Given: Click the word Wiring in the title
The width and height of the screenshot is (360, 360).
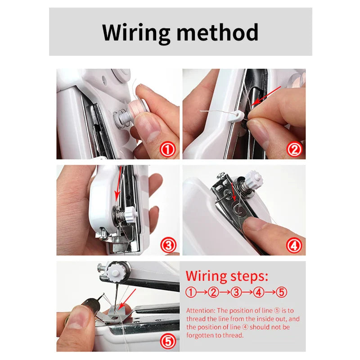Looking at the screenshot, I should pyautogui.click(x=136, y=32).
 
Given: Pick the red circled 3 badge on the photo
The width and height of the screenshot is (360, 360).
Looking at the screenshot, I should pyautogui.click(x=168, y=245).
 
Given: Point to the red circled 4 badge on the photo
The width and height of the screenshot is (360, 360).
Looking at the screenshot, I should pyautogui.click(x=294, y=245).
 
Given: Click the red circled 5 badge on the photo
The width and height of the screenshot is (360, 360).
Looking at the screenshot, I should pyautogui.click(x=168, y=342).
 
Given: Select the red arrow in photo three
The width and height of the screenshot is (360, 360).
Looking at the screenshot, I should pyautogui.click(x=118, y=187).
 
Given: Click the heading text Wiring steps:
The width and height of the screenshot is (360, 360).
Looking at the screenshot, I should pyautogui.click(x=227, y=275).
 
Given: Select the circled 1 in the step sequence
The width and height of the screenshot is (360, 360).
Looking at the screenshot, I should pyautogui.click(x=191, y=292).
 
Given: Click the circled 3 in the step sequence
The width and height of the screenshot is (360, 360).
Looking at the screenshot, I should pyautogui.click(x=236, y=292).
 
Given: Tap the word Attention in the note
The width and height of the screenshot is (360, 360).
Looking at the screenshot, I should pyautogui.click(x=201, y=311).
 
